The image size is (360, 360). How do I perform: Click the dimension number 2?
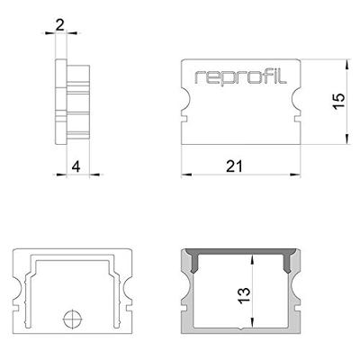coord(59,25)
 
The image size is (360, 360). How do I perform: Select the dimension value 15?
coord(338,101)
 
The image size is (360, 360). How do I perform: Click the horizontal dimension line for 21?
coord(235,174)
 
